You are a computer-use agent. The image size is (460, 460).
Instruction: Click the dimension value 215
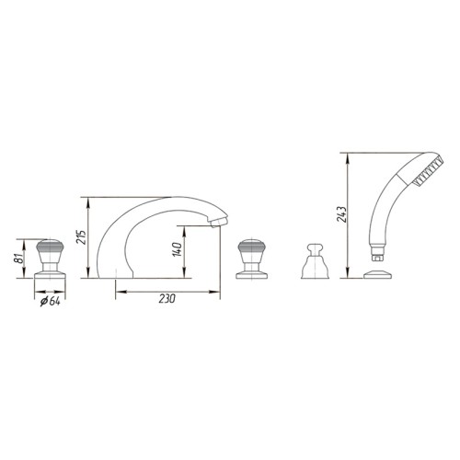82,236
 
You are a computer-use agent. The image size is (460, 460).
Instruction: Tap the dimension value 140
178,249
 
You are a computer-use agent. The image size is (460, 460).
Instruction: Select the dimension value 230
167,298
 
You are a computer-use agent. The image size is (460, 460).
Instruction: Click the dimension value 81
19,259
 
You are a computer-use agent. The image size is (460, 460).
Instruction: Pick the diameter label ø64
51,302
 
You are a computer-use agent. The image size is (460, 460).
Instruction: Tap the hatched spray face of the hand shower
428,171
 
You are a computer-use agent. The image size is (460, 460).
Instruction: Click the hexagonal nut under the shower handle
377,258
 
